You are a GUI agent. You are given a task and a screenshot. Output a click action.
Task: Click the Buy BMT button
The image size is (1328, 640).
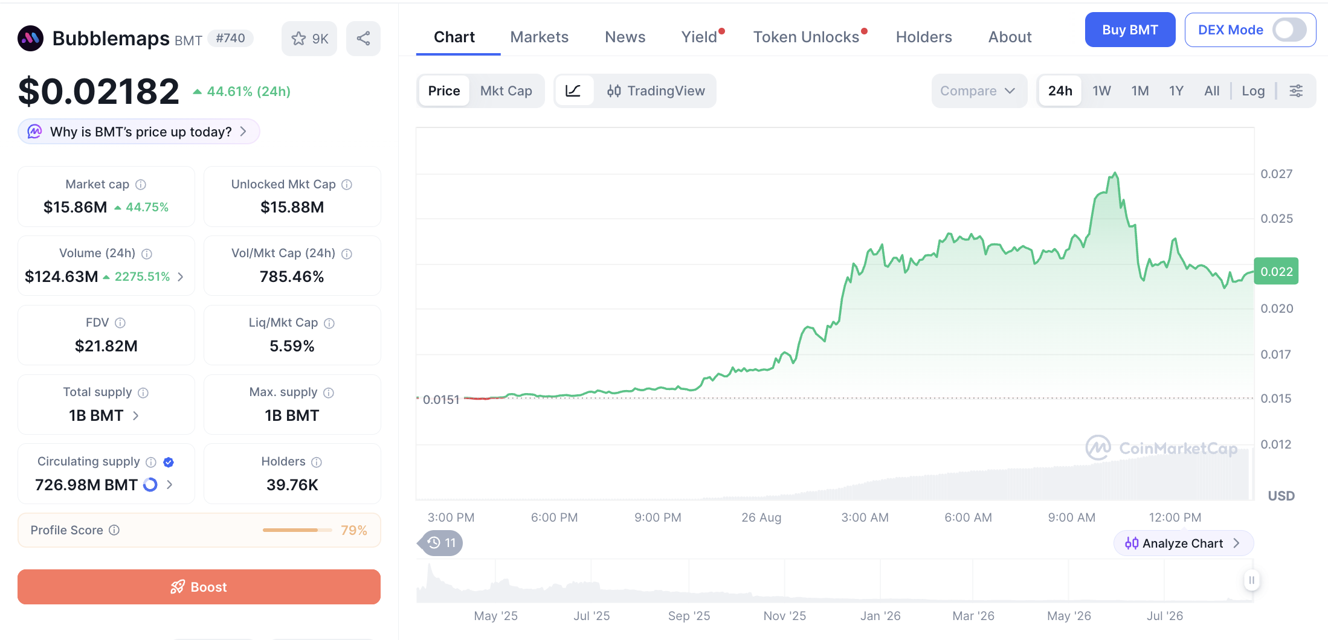(1130, 30)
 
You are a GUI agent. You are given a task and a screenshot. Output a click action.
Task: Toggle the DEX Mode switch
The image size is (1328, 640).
(1289, 30)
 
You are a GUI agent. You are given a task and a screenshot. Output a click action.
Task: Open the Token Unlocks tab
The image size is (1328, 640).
(806, 37)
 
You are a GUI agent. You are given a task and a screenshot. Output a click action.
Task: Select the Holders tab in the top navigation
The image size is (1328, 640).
(924, 37)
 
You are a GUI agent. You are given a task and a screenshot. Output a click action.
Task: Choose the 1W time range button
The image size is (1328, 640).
(1101, 91)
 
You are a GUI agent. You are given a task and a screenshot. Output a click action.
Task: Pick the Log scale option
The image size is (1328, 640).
(1253, 91)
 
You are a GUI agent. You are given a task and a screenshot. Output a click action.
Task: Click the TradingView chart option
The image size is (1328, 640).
(656, 91)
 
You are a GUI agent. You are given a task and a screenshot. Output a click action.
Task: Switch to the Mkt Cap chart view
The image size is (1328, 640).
(506, 91)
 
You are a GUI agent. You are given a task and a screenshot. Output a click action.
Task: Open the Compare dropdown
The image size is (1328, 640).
(978, 91)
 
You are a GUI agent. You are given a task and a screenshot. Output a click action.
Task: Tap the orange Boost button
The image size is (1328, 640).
(199, 587)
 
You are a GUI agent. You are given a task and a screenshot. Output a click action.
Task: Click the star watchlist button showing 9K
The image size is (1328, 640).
(309, 39)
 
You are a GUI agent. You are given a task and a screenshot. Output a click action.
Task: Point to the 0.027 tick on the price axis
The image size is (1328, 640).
(1276, 174)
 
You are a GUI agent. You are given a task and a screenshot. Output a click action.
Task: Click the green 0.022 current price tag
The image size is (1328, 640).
(1276, 271)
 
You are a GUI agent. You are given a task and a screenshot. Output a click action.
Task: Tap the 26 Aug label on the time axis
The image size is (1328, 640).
(761, 517)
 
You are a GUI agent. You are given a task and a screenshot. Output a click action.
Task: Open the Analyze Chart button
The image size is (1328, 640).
(1183, 543)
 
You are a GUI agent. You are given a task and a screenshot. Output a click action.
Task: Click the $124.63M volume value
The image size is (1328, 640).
(62, 277)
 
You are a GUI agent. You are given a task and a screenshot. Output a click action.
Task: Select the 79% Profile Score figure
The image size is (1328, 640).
(354, 530)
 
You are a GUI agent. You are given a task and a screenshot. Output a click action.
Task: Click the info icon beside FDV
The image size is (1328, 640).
(120, 323)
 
